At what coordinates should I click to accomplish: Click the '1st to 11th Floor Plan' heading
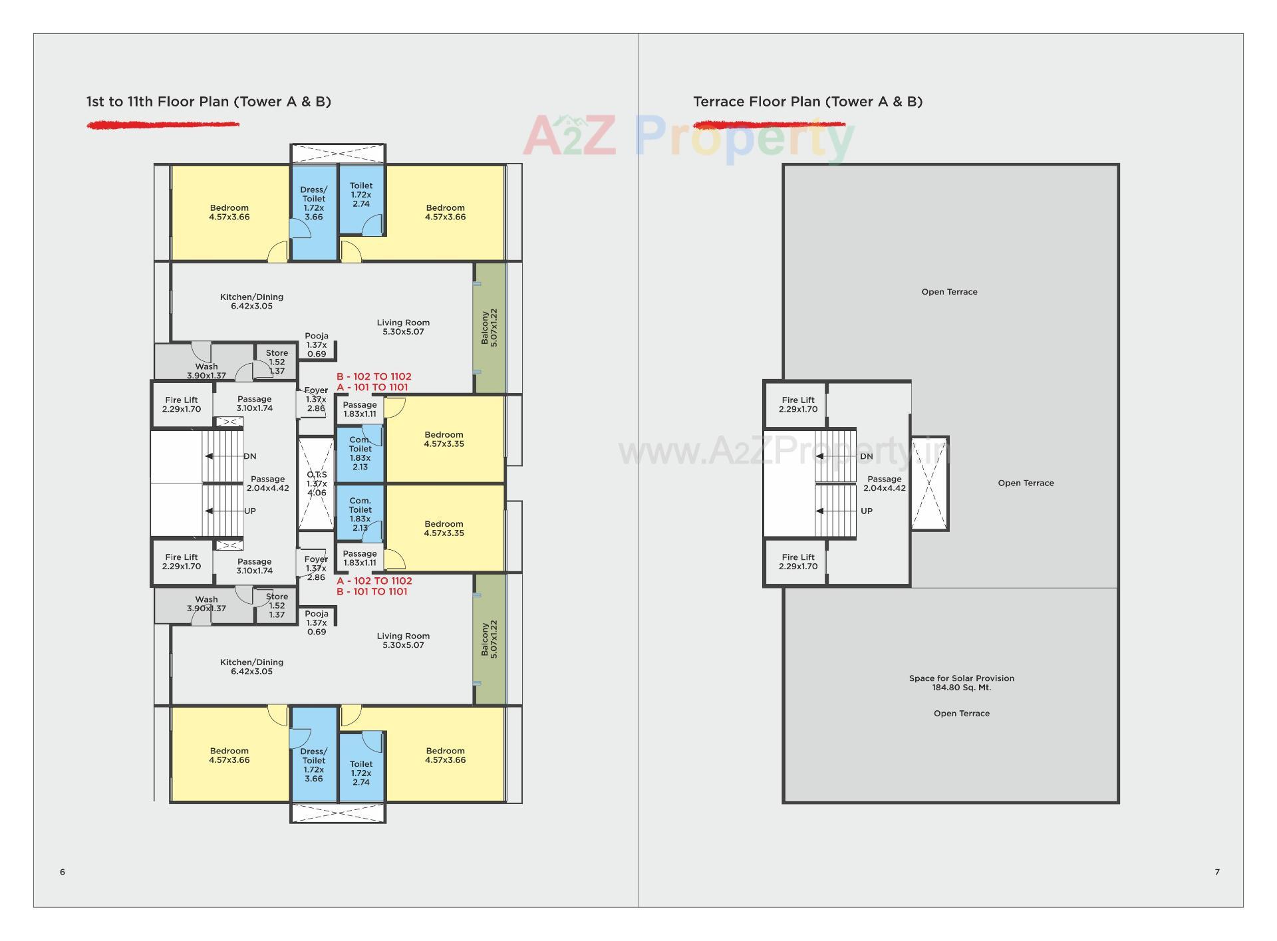coord(208,102)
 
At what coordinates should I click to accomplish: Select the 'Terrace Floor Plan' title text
coord(807,102)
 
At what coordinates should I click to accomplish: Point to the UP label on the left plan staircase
coord(250,511)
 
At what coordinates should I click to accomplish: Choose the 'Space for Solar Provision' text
coord(961,679)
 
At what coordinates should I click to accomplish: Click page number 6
coord(63,872)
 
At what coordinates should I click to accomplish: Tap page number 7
coord(1217,872)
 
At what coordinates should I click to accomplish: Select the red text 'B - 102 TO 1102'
coord(374,376)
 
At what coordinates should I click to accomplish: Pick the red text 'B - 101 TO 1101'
coord(372,592)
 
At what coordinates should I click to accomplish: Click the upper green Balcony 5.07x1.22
coord(490,327)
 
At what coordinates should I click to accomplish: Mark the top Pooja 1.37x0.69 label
coord(317,345)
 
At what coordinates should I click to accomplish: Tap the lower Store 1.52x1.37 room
coord(277,606)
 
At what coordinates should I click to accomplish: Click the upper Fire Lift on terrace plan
coord(798,404)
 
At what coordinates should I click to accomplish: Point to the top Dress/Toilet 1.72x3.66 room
coord(314,203)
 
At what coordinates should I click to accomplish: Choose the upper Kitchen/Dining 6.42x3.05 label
coord(251,301)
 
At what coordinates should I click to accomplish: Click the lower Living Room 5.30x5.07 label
coord(403,640)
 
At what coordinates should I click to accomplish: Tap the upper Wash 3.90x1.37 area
coord(206,367)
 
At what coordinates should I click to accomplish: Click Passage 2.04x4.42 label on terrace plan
coord(885,483)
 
